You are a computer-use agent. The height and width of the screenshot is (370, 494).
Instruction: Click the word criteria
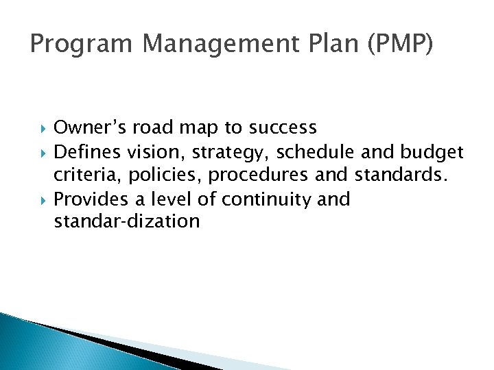point(81,175)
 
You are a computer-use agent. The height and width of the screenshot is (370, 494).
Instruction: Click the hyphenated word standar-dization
point(127,222)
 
